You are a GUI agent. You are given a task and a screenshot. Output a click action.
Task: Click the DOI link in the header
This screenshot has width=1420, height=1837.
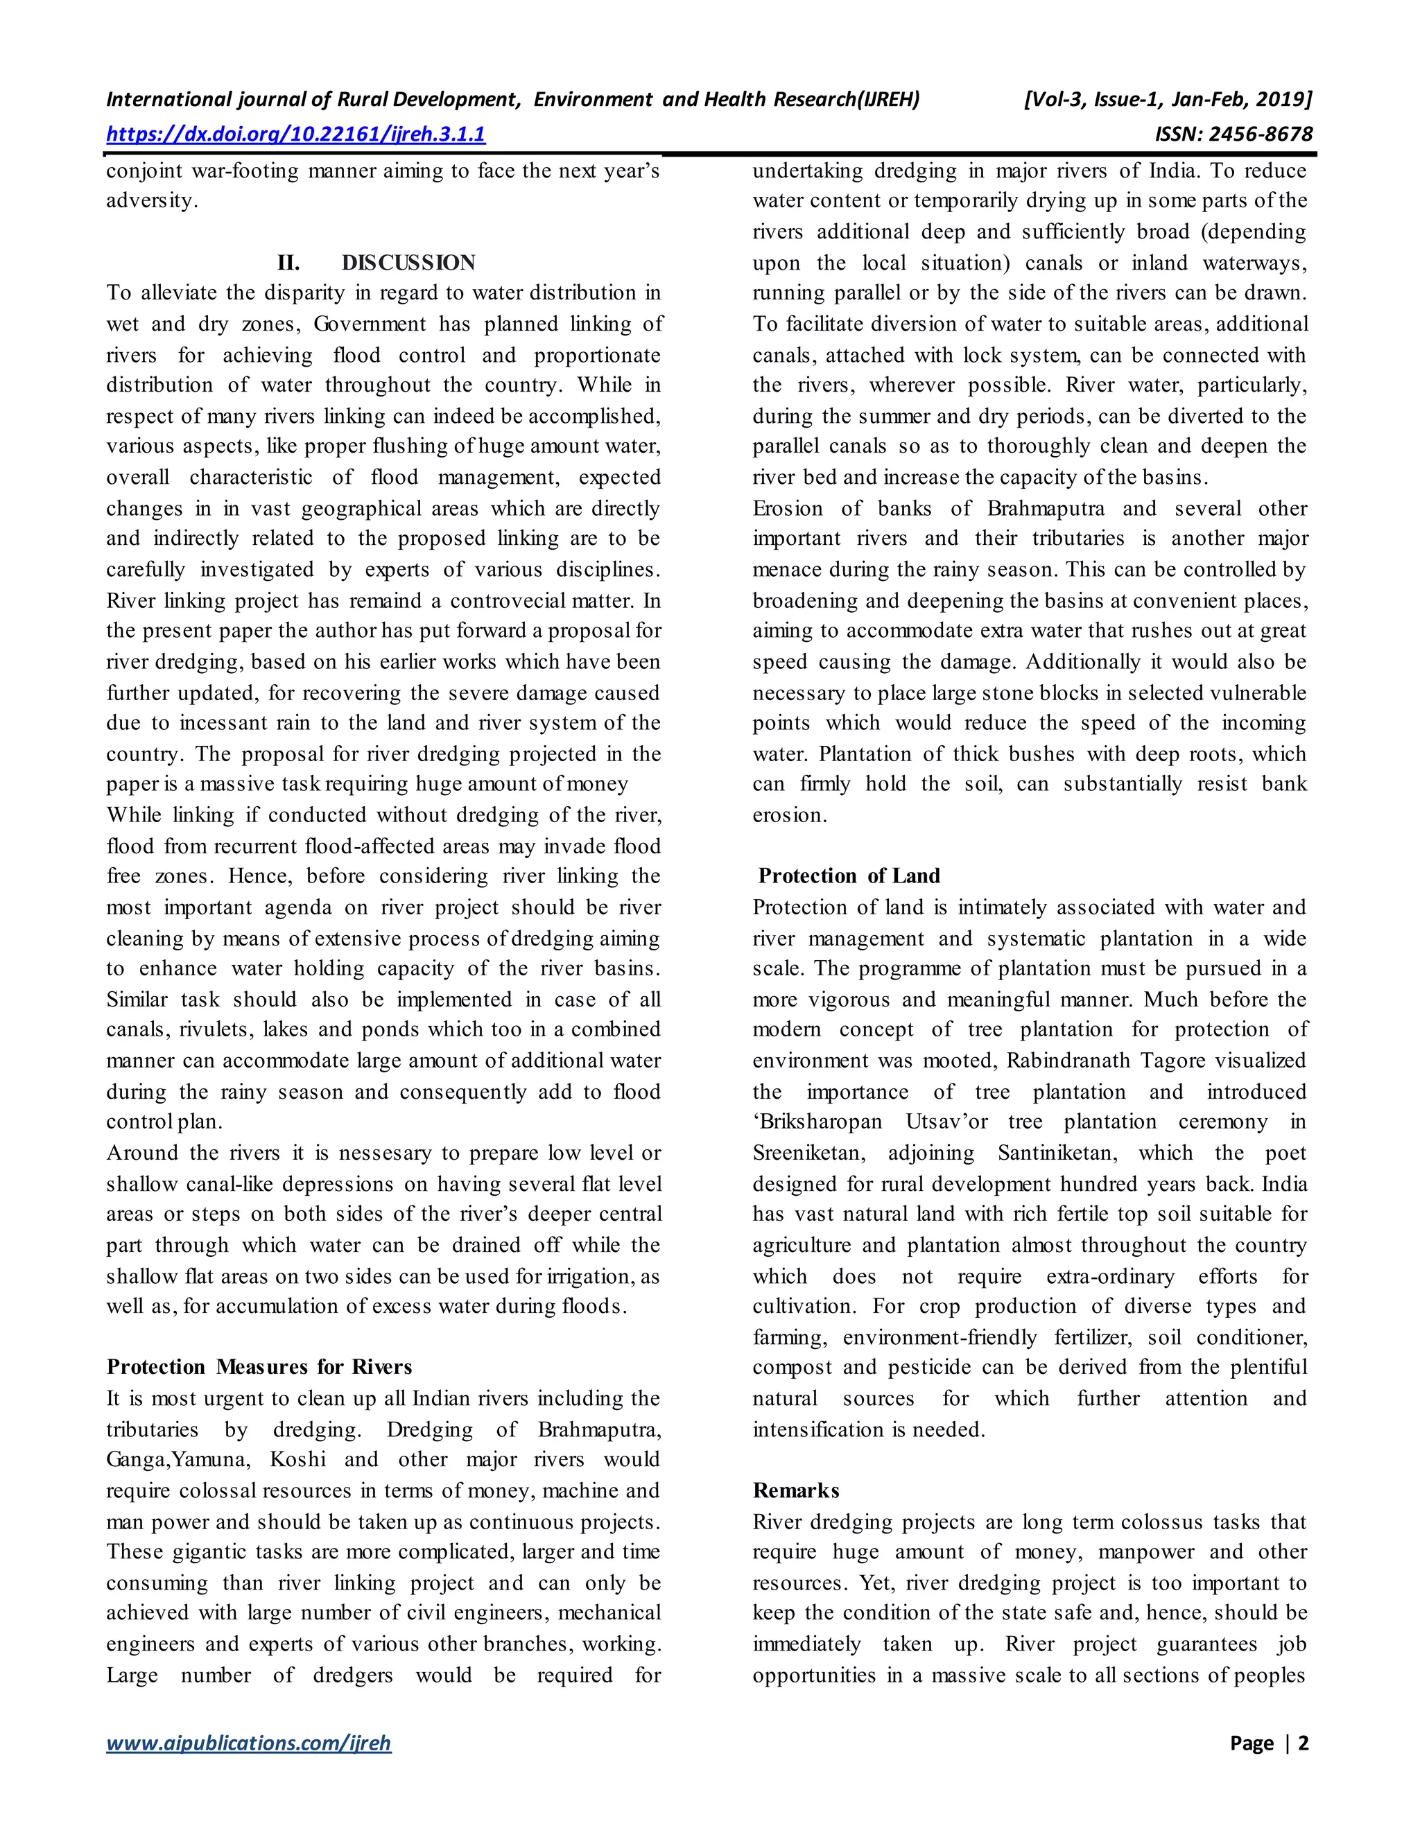click(295, 134)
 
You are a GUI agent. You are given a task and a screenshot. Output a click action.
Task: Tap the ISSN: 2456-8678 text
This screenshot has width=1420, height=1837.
click(1233, 134)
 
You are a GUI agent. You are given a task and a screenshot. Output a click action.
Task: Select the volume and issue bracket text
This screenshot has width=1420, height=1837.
click(1167, 99)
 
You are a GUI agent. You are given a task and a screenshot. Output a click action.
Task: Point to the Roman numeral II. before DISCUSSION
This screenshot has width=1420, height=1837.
click(288, 263)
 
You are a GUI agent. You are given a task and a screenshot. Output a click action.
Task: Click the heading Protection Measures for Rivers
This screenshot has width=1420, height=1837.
click(259, 1367)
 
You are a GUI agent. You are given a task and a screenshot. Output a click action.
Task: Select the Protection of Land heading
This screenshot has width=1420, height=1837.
click(849, 876)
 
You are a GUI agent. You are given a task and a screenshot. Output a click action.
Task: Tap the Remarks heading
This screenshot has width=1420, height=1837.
click(796, 1490)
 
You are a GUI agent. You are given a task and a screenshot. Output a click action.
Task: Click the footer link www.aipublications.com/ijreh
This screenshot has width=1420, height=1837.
click(249, 1743)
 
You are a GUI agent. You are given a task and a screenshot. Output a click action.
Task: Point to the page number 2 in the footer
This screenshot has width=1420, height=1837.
click(1303, 1743)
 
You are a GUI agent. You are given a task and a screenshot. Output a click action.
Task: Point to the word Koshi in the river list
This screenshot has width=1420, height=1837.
click(297, 1459)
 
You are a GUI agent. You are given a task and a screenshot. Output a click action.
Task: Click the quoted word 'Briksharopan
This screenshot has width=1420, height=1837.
click(817, 1122)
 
